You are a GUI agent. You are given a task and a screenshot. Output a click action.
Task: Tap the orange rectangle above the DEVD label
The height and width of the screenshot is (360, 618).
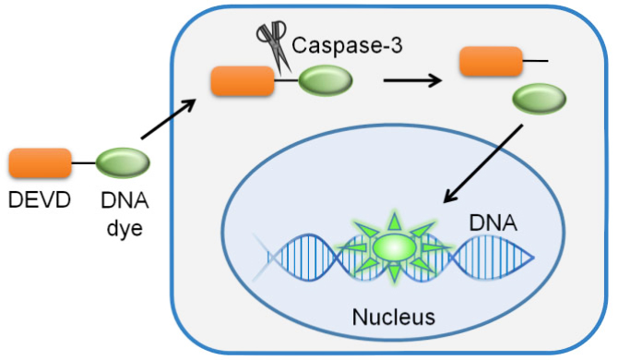(40, 163)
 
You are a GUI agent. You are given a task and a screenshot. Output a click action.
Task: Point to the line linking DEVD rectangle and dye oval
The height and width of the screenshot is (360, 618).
(84, 164)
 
